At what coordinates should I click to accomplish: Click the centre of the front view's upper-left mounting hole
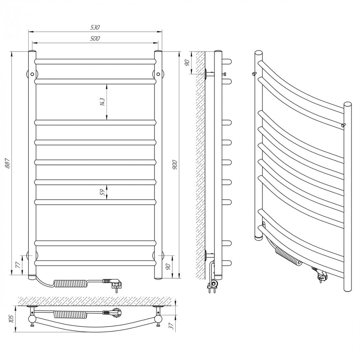pyautogui.click(x=32, y=74)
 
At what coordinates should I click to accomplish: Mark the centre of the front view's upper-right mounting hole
pyautogui.click(x=158, y=74)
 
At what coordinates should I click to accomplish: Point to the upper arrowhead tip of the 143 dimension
pyautogui.click(x=107, y=84)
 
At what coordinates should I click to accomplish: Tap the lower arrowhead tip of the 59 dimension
pyautogui.click(x=107, y=200)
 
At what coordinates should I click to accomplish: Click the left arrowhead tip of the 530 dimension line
pyautogui.click(x=28, y=32)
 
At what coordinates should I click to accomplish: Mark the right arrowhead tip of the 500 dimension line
pyautogui.click(x=158, y=43)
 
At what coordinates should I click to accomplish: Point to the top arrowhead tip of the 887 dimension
pyautogui.click(x=11, y=52)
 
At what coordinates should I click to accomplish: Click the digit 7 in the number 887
pyautogui.click(x=7, y=159)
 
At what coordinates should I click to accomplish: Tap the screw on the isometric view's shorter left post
pyautogui.click(x=254, y=73)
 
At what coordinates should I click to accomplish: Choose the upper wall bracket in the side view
pyautogui.click(x=210, y=74)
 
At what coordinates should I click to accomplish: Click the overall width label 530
pyautogui.click(x=95, y=27)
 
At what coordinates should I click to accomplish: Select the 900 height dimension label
pyautogui.click(x=175, y=164)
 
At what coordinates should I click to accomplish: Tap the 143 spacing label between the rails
pyautogui.click(x=103, y=102)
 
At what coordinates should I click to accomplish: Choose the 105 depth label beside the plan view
pyautogui.click(x=12, y=319)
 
